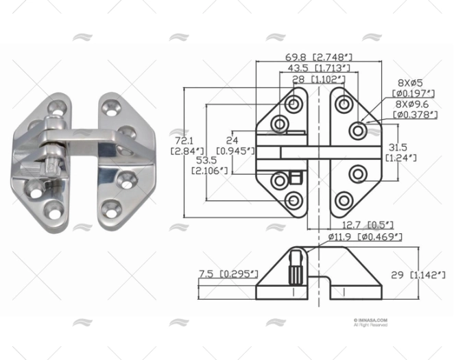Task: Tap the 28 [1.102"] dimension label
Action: point(318,80)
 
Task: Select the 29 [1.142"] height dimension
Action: point(428,274)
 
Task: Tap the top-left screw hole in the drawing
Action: point(294,104)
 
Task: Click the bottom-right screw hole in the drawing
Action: point(342,200)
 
